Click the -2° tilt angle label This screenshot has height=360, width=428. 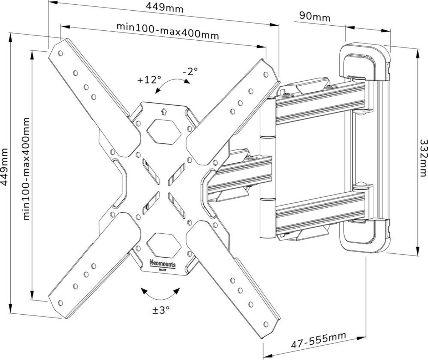pos(190,71)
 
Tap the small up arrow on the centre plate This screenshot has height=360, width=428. pos(163,112)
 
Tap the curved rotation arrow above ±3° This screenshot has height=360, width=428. pos(160,294)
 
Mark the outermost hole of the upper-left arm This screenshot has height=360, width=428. pos(60,53)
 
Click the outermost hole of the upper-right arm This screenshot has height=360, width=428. pos(266,75)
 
